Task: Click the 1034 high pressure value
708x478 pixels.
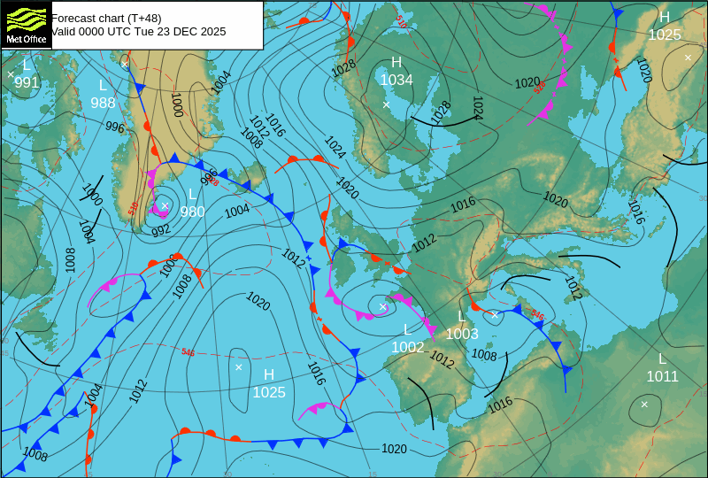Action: [396, 81]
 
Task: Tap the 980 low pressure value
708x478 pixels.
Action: [192, 212]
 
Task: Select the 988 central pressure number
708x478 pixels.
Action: [103, 103]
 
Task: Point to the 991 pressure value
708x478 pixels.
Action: [27, 83]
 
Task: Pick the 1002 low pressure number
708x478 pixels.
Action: [407, 348]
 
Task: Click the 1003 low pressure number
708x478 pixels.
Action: [461, 334]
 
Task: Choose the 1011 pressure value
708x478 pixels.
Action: [662, 377]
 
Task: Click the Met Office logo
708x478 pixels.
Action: [27, 26]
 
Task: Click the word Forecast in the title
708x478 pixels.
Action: [74, 18]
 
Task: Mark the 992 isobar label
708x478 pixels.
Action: [160, 231]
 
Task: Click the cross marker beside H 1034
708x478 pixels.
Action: [386, 104]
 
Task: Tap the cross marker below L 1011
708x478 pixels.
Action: [644, 404]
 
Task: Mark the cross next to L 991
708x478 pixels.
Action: [11, 74]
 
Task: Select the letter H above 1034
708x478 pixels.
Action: [396, 62]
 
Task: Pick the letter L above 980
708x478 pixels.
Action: [192, 194]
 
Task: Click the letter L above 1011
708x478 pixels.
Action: [662, 358]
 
